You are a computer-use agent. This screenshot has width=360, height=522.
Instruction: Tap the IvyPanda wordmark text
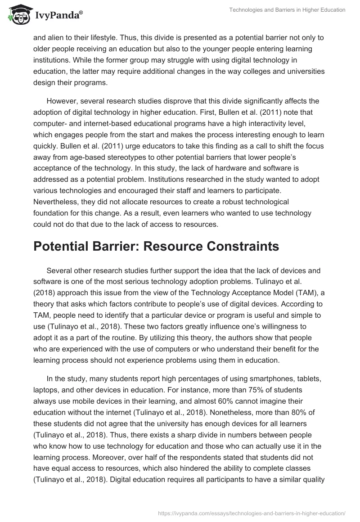tap(56, 15)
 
